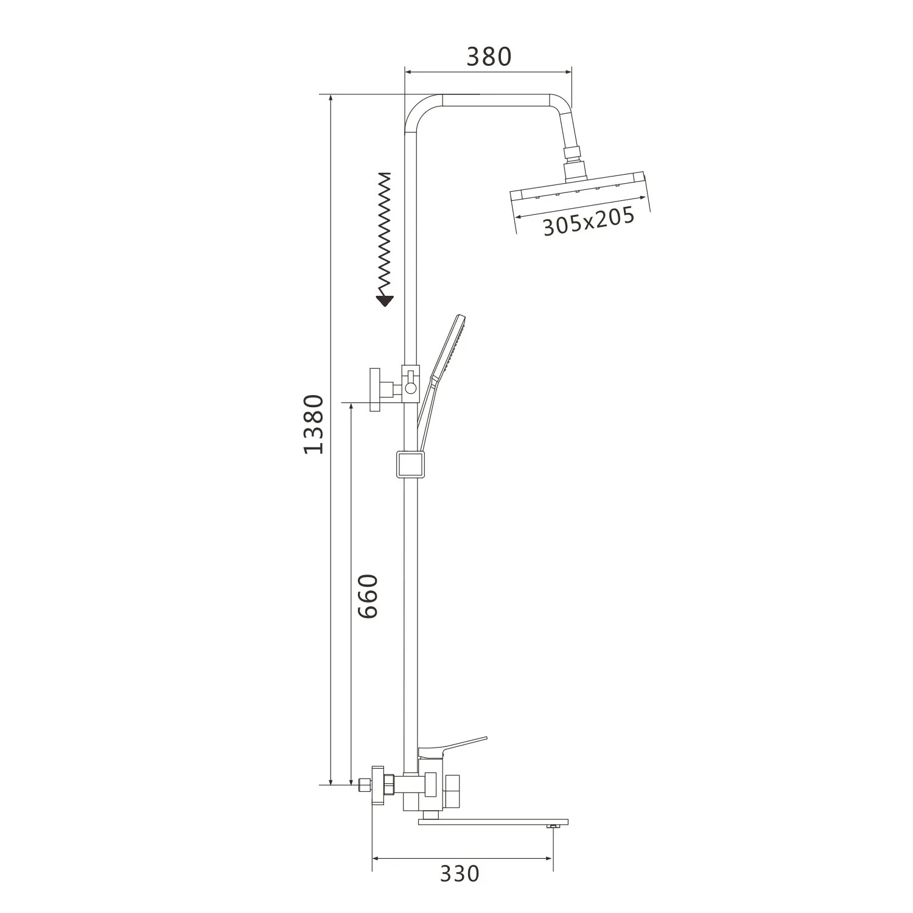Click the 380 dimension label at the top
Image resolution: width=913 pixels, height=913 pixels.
tap(489, 57)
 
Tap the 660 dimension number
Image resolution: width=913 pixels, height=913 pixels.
tap(368, 596)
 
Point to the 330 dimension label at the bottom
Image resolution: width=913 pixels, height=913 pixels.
tap(460, 873)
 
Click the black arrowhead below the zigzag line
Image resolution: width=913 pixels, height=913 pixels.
tap(385, 299)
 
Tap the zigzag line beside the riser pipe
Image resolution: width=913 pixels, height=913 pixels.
tap(385, 231)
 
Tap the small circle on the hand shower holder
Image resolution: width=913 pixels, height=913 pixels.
tap(410, 387)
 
